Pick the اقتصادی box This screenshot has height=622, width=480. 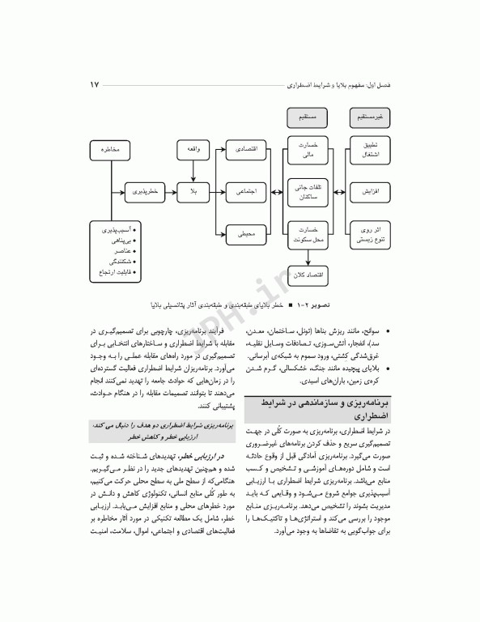(247, 151)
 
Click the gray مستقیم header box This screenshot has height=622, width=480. (308, 118)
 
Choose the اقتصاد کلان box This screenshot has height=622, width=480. (308, 275)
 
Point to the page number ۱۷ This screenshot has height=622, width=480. (94, 84)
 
